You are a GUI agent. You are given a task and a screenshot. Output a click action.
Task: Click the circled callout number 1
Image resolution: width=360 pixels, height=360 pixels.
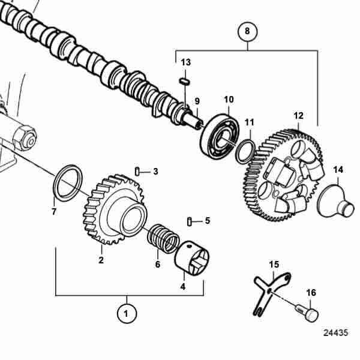coord(125,313)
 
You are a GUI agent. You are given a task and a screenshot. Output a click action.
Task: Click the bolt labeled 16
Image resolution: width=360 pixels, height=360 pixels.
coord(308,313)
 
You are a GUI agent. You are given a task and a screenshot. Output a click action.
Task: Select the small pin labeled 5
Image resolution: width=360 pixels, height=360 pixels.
coord(190,221)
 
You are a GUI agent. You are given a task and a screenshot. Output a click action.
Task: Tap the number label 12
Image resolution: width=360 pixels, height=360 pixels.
coord(298,115)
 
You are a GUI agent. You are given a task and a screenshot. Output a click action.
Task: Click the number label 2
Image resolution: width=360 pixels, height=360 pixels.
coord(101,260)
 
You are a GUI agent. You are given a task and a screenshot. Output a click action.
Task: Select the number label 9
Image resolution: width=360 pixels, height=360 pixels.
coord(197,101)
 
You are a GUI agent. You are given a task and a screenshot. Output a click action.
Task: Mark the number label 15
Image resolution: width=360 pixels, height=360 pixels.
coord(274,264)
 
